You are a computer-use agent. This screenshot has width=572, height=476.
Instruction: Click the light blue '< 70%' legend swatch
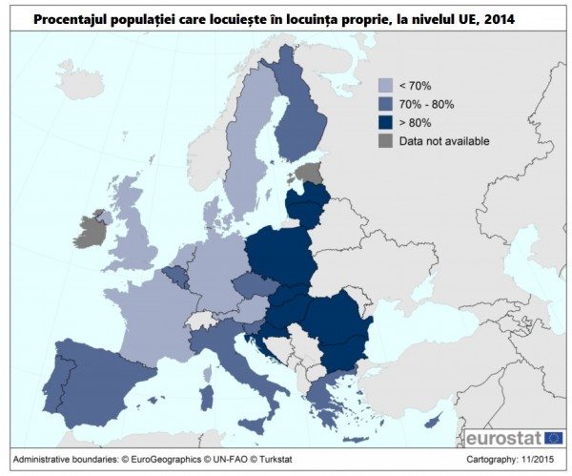(x=385, y=84)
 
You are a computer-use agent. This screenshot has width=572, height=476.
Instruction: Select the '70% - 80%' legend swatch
(x=385, y=103)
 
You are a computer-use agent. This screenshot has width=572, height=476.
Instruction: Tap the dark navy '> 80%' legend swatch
(x=385, y=122)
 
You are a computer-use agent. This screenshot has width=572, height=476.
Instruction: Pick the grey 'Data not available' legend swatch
(x=385, y=141)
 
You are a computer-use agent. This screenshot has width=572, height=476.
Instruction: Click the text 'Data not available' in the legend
(x=443, y=141)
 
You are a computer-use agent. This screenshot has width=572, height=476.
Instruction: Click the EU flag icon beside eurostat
(x=554, y=438)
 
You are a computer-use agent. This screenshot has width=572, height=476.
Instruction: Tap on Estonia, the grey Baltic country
(x=309, y=174)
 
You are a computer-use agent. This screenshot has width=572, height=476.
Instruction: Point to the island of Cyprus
(x=434, y=421)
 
